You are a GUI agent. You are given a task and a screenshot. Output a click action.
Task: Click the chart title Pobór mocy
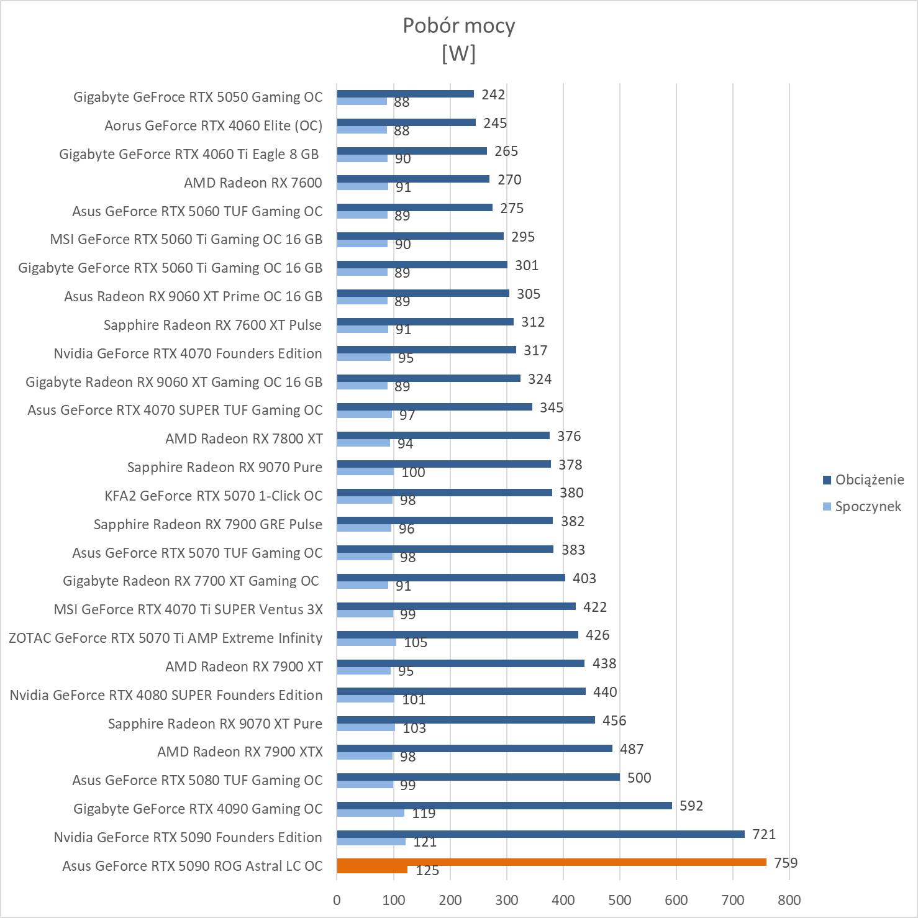pyautogui.click(x=458, y=26)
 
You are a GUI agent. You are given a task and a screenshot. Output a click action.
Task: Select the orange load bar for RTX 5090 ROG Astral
pyautogui.click(x=551, y=862)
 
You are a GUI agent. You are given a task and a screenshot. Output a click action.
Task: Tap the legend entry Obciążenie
pyautogui.click(x=869, y=479)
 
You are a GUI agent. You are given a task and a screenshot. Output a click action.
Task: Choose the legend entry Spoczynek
pyautogui.click(x=868, y=506)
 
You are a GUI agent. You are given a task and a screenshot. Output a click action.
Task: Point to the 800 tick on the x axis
pyautogui.click(x=789, y=900)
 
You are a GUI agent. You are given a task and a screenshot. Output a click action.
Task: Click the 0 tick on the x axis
pyautogui.click(x=337, y=900)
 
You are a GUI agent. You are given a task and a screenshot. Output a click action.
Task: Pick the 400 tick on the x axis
pyautogui.click(x=563, y=900)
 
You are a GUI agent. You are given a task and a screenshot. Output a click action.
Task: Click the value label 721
pyautogui.click(x=763, y=834)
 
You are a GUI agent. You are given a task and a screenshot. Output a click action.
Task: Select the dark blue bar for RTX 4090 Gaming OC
pyautogui.click(x=504, y=806)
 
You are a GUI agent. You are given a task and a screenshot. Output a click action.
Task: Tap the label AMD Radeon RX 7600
pyautogui.click(x=253, y=183)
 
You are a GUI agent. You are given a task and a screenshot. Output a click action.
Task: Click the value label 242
pyautogui.click(x=493, y=94)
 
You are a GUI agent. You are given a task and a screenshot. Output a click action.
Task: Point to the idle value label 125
pyautogui.click(x=427, y=870)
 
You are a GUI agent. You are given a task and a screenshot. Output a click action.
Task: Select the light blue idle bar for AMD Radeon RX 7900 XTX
pyautogui.click(x=365, y=756)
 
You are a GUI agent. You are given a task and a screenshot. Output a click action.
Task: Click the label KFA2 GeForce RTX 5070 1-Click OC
pyautogui.click(x=214, y=496)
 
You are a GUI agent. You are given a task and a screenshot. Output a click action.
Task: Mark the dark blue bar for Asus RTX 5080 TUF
pyautogui.click(x=478, y=777)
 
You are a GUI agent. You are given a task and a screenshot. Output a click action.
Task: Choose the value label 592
pyautogui.click(x=691, y=806)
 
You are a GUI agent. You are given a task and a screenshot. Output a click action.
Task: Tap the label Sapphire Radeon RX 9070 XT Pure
pyautogui.click(x=215, y=724)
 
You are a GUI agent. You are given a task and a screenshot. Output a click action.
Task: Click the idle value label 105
pyautogui.click(x=416, y=642)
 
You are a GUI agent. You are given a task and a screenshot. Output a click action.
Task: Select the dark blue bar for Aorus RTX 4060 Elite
pyautogui.click(x=406, y=122)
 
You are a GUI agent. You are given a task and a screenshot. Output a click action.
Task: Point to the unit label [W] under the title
pyautogui.click(x=458, y=53)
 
